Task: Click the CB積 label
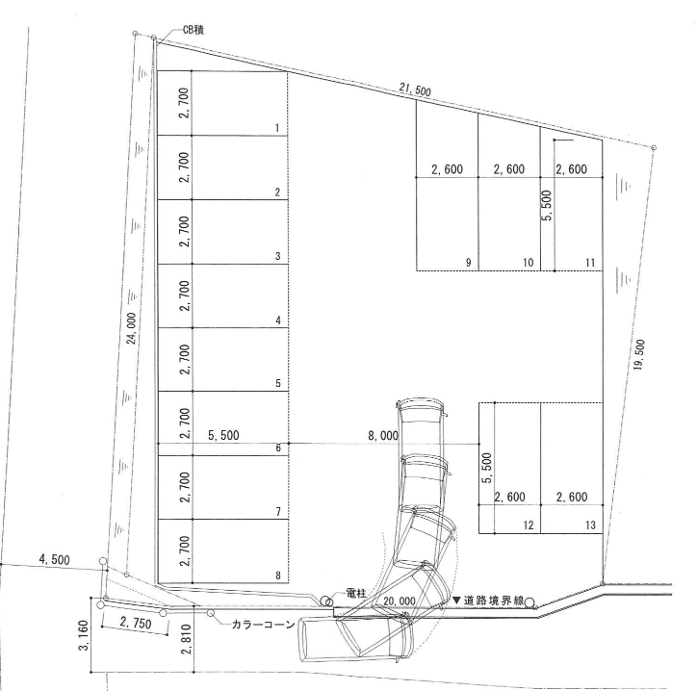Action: pyautogui.click(x=194, y=30)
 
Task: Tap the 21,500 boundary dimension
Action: pyautogui.click(x=415, y=90)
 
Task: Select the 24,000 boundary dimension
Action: pyautogui.click(x=131, y=328)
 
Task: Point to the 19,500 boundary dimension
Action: pyautogui.click(x=639, y=354)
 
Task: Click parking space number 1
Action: pyautogui.click(x=277, y=128)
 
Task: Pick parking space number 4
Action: pyautogui.click(x=278, y=320)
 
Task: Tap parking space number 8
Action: pyautogui.click(x=278, y=576)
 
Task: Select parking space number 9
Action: pyautogui.click(x=468, y=262)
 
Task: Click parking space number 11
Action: pyautogui.click(x=590, y=262)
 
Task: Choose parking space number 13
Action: pyautogui.click(x=590, y=525)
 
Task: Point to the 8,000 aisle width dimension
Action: pyautogui.click(x=383, y=436)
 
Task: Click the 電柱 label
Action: pyautogui.click(x=355, y=593)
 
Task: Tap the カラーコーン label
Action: pyautogui.click(x=264, y=625)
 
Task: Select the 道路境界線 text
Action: pyautogui.click(x=494, y=601)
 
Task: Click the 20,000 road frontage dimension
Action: pyautogui.click(x=400, y=601)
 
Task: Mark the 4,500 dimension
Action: pyautogui.click(x=54, y=559)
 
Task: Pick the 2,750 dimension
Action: pyautogui.click(x=136, y=623)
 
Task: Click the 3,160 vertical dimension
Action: pyautogui.click(x=84, y=635)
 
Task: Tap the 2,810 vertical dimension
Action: pyautogui.click(x=187, y=639)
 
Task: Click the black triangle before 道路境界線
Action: pyautogui.click(x=457, y=600)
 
